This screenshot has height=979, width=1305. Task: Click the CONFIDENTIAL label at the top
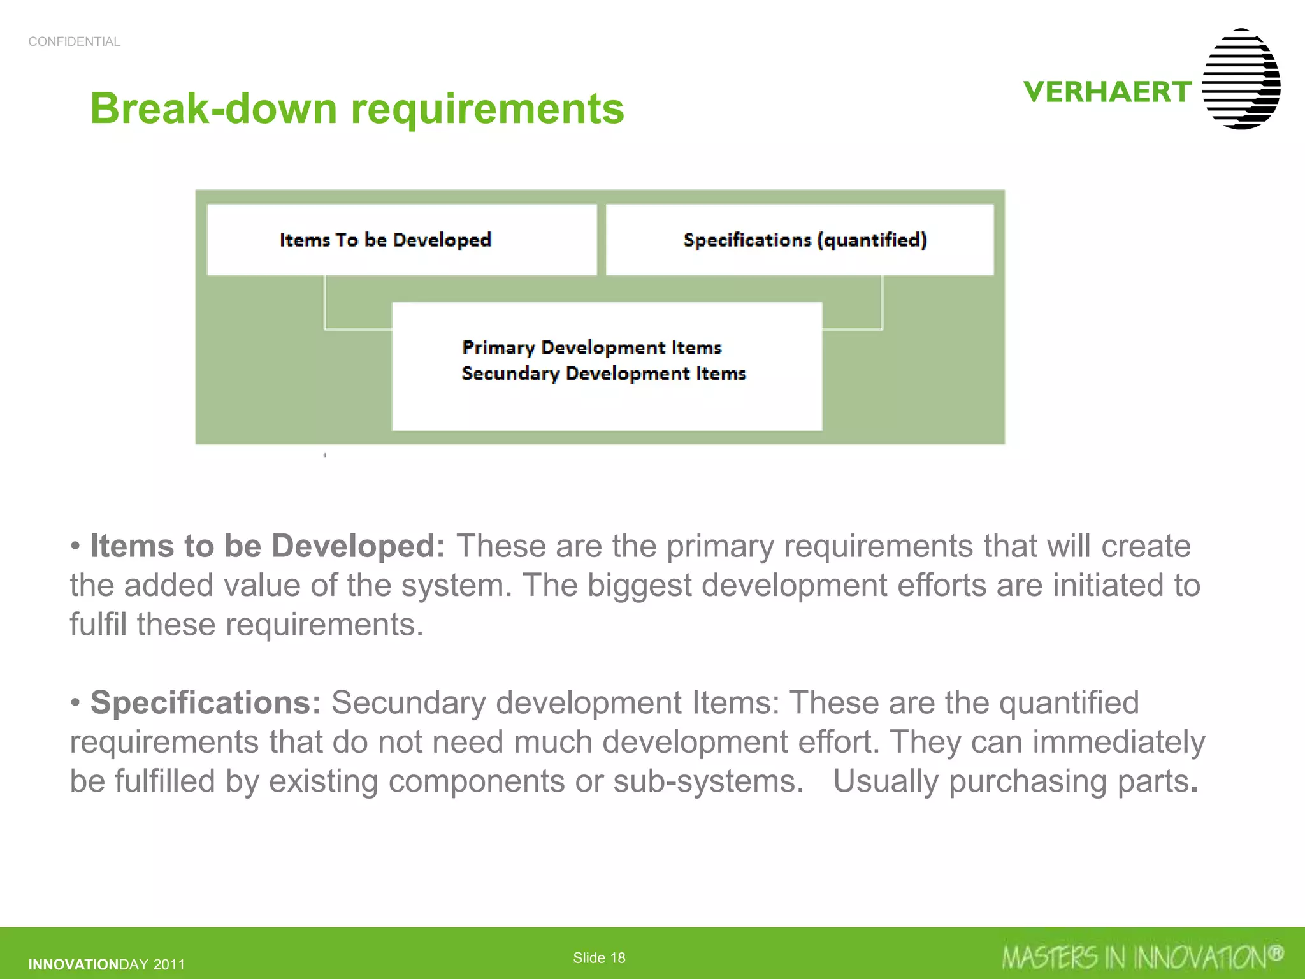click(x=74, y=41)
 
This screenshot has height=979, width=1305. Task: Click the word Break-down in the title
click(x=214, y=108)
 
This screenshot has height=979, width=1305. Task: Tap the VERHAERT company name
click(x=1107, y=92)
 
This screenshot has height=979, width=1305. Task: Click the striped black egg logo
click(x=1241, y=79)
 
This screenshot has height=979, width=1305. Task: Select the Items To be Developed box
click(x=401, y=240)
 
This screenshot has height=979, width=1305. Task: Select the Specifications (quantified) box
click(x=800, y=240)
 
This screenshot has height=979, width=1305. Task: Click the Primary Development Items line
click(x=591, y=347)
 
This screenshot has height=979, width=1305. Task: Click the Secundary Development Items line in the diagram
click(x=603, y=373)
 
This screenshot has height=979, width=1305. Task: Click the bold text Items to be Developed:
click(x=268, y=546)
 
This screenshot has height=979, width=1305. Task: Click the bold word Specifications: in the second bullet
click(x=206, y=702)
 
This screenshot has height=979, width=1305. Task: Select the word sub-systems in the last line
click(x=707, y=781)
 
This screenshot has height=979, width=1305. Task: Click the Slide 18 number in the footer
click(x=599, y=957)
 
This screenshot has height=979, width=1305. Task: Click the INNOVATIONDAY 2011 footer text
click(x=106, y=964)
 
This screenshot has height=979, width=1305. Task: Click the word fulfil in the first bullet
click(x=98, y=624)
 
